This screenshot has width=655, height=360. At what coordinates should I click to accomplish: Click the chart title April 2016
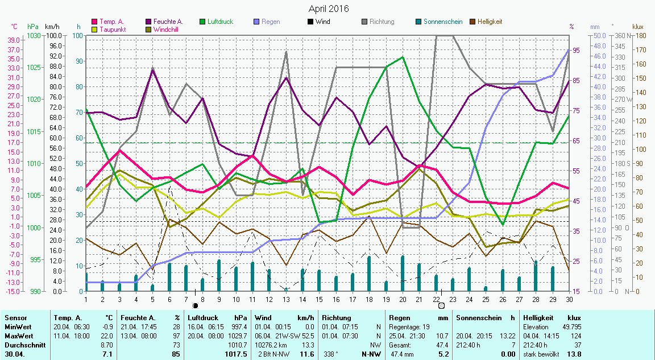(x=329, y=9)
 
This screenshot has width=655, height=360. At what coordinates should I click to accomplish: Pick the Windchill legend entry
(x=167, y=29)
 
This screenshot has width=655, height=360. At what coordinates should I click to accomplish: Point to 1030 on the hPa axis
(x=34, y=36)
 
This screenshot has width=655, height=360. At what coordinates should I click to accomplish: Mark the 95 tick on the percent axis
(x=576, y=51)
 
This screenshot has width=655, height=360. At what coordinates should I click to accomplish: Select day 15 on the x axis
(x=320, y=299)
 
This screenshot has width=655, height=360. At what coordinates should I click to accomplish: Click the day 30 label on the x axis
(x=569, y=299)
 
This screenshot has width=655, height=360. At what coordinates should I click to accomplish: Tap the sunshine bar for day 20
(x=403, y=273)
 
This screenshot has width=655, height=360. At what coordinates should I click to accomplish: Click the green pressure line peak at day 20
(x=403, y=57)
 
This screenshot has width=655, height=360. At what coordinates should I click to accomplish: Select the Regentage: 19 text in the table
(x=409, y=327)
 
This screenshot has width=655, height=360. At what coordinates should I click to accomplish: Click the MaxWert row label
(x=18, y=336)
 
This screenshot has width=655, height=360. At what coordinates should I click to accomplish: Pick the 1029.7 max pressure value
(x=237, y=336)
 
